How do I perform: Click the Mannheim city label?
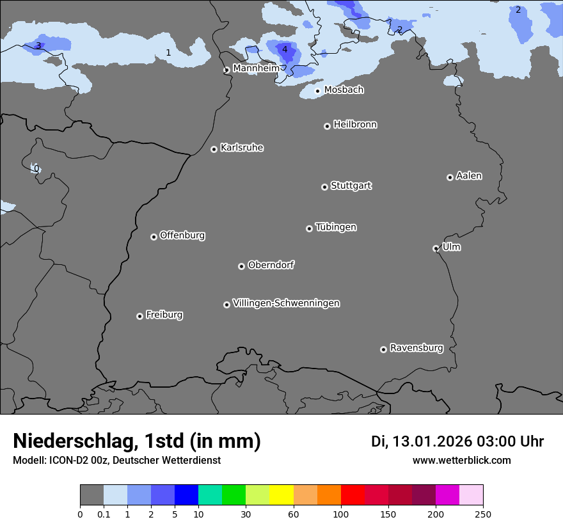tap(256, 68)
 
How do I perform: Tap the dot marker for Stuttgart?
tap(324, 187)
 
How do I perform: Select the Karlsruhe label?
tap(242, 148)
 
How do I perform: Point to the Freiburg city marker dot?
tap(139, 316)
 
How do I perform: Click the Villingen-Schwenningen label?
tap(286, 303)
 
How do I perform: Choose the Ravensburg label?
tap(416, 348)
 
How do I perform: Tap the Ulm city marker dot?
tap(436, 248)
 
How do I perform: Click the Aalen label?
tap(469, 176)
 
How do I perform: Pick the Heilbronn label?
tap(355, 125)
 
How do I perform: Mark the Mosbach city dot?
tap(317, 91)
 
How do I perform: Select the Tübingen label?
tap(336, 227)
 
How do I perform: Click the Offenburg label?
tap(182, 235)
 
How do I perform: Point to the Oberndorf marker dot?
tap(241, 266)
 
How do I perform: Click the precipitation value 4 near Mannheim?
tap(285, 49)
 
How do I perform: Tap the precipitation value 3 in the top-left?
tap(38, 45)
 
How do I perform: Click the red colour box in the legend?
tap(353, 495)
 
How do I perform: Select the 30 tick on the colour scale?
tap(246, 514)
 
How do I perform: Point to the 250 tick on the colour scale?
tap(482, 514)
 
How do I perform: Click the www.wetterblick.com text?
tap(461, 460)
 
